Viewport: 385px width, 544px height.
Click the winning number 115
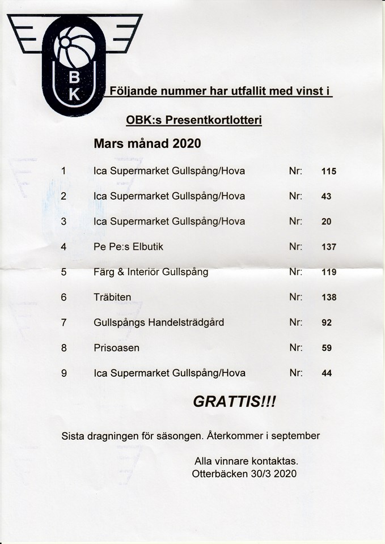point(328,171)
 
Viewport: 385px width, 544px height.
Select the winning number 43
point(326,197)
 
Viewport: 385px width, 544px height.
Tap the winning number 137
point(328,247)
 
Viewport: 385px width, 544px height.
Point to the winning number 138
point(328,297)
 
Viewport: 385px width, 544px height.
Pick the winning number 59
point(326,348)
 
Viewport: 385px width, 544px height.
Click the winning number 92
point(326,323)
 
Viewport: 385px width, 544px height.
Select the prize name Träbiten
point(112,297)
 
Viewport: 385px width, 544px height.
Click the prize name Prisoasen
point(116,347)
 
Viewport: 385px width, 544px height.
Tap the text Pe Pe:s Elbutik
point(128,246)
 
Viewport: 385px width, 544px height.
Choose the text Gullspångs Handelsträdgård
point(159,322)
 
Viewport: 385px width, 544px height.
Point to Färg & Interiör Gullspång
point(151,272)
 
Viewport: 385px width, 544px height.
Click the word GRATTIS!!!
point(234,402)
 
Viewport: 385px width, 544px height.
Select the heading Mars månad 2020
point(147,144)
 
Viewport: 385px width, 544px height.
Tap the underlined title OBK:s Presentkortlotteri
point(194,121)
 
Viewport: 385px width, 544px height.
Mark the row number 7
point(64,322)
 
